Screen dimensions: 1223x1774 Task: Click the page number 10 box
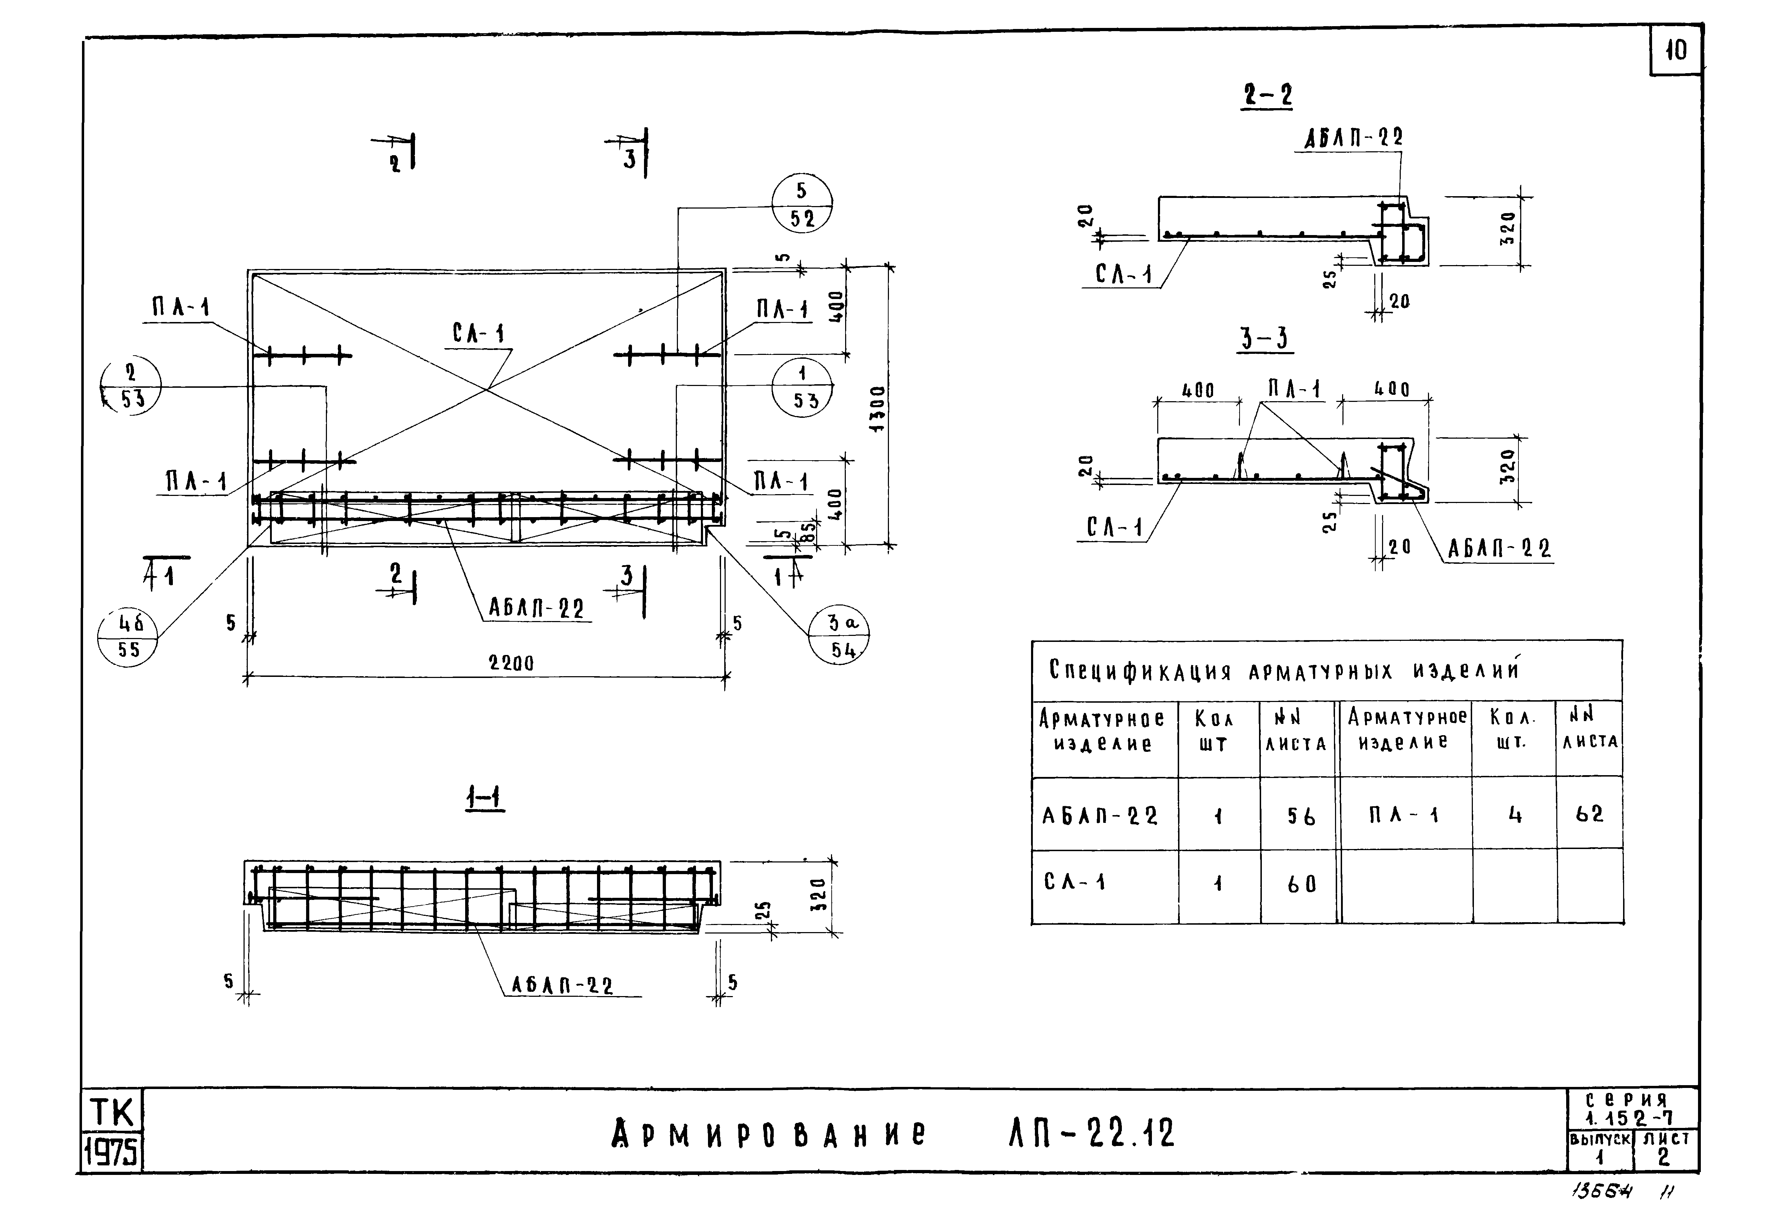(x=1675, y=51)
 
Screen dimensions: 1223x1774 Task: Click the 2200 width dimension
(x=511, y=663)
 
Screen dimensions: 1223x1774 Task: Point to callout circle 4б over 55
(x=128, y=638)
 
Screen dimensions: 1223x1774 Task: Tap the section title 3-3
(x=1264, y=338)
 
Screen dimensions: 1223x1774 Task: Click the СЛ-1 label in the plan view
(x=478, y=333)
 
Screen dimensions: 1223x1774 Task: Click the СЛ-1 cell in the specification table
(x=1075, y=882)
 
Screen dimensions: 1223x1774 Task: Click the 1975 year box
(x=112, y=1151)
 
